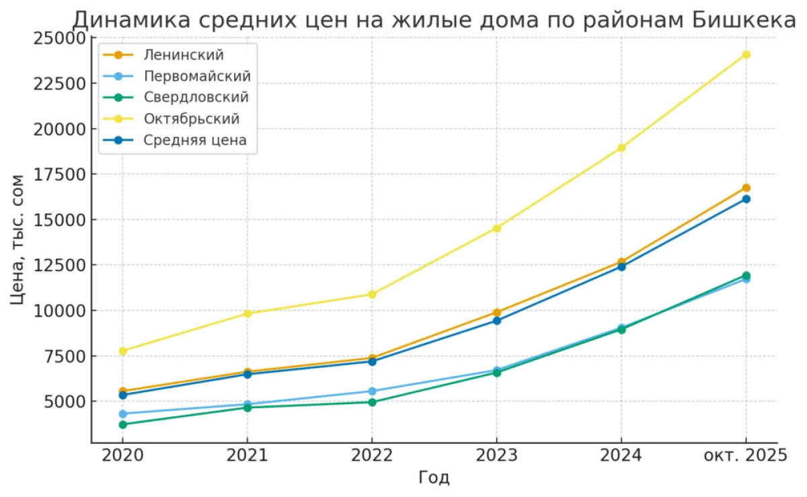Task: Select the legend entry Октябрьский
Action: (x=192, y=118)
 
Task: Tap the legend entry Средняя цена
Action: (x=195, y=141)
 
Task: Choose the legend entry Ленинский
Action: (x=183, y=54)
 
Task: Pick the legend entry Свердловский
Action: (x=196, y=97)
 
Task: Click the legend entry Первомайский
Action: (x=197, y=75)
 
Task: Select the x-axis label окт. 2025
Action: (x=745, y=455)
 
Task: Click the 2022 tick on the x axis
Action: (x=372, y=455)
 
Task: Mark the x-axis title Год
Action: (x=434, y=477)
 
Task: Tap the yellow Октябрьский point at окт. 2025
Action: (x=746, y=54)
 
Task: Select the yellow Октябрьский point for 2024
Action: (x=621, y=147)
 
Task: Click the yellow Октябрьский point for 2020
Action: (x=122, y=350)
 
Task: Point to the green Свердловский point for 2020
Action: (x=122, y=424)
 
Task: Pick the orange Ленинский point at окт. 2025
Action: (x=746, y=188)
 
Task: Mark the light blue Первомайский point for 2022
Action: (x=372, y=391)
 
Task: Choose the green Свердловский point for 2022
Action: (x=372, y=402)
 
